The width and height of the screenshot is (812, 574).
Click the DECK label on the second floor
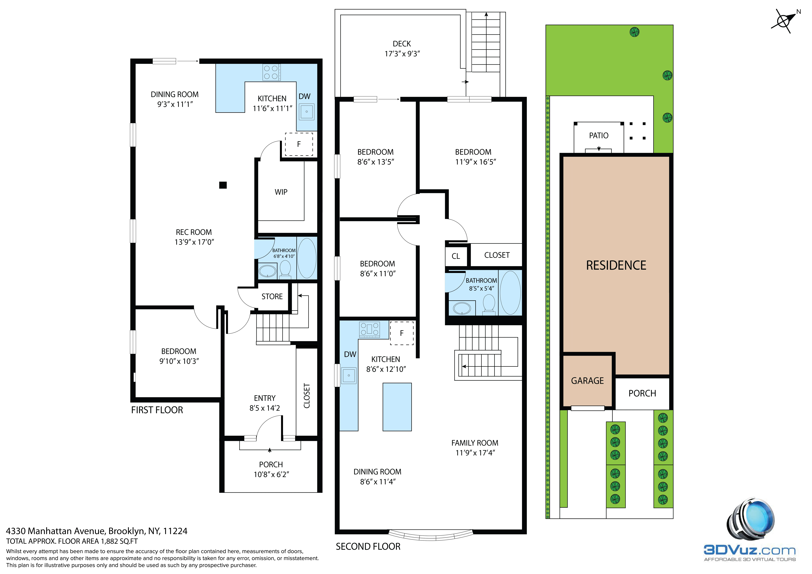402,44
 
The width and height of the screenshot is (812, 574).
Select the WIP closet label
281,192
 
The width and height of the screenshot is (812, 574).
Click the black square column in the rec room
223,185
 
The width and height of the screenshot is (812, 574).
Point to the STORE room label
272,296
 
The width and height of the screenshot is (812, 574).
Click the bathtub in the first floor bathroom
307,258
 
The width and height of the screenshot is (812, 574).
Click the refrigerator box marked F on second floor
402,333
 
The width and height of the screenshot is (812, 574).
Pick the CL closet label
456,256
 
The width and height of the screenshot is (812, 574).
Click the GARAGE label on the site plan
587,381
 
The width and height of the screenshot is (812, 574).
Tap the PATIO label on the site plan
598,135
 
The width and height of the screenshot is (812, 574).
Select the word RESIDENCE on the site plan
616,265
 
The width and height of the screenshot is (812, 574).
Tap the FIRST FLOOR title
157,410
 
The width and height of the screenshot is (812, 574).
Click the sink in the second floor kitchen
349,375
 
